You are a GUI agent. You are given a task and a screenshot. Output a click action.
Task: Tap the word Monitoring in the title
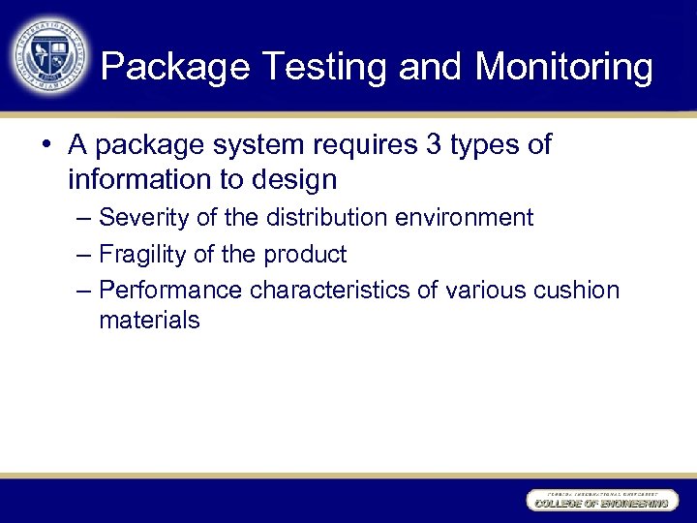[x=563, y=67]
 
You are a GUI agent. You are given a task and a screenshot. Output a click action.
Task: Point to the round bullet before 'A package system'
[x=46, y=146]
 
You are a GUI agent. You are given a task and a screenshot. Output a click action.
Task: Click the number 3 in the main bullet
[x=432, y=145]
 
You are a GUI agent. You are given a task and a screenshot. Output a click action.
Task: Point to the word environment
[x=466, y=218]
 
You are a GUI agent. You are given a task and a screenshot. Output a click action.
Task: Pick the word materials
[x=149, y=321]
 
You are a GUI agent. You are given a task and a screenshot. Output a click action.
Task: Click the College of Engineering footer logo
[x=600, y=501]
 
